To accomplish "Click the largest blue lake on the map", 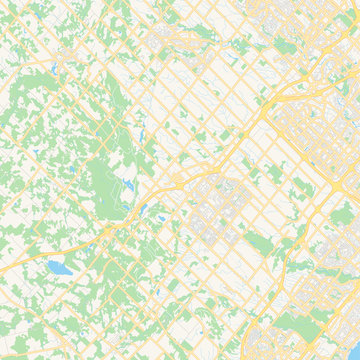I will click(x=59, y=267).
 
